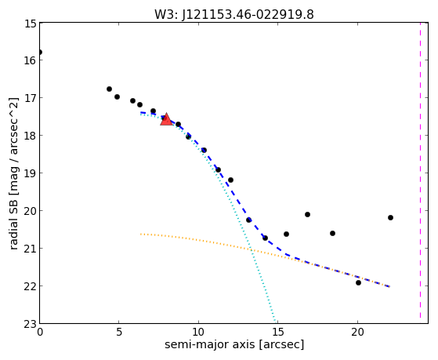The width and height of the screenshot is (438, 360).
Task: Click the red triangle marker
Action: [166, 119]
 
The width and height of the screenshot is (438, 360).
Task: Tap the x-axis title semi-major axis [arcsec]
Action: [234, 344]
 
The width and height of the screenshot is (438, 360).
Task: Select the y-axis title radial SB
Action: [13, 225]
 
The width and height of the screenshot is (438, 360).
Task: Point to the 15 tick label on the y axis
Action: [31, 24]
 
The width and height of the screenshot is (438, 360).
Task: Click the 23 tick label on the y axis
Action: [31, 324]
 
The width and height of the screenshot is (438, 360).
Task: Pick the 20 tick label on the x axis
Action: [357, 333]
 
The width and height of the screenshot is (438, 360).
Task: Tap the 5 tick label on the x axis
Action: [119, 333]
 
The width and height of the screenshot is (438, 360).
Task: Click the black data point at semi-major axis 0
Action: [40, 53]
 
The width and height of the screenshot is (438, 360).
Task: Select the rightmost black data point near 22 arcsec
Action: [390, 217]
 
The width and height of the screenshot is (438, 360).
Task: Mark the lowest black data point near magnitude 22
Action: [358, 283]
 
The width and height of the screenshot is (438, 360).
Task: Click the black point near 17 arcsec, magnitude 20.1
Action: [308, 215]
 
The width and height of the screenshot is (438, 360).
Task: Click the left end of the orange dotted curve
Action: [141, 234]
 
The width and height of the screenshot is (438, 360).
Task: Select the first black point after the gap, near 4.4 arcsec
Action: [109, 89]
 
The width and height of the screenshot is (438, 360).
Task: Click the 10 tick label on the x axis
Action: [198, 333]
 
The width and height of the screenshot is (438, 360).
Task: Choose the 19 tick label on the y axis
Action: [31, 173]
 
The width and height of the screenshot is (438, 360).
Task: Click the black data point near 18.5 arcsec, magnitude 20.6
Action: [332, 233]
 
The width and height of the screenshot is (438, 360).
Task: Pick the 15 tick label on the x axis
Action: [278, 333]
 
